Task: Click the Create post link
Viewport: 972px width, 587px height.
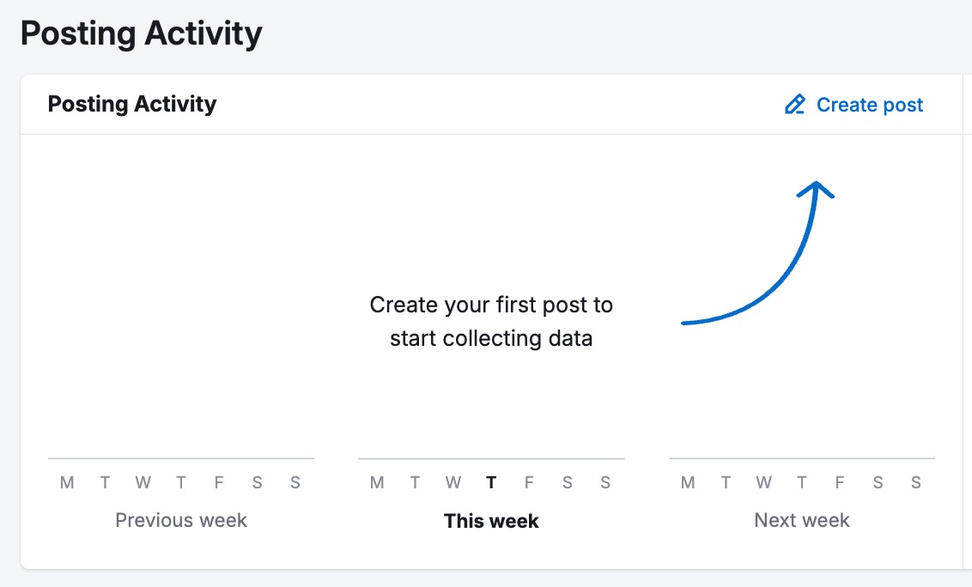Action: pyautogui.click(x=869, y=105)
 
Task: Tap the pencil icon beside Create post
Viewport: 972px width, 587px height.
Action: pyautogui.click(x=795, y=105)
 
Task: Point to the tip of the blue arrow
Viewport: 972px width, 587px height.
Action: pyautogui.click(x=817, y=183)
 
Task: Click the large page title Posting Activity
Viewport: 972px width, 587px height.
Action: pyautogui.click(x=141, y=33)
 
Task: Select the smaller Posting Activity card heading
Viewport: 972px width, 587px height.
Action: pyautogui.click(x=132, y=104)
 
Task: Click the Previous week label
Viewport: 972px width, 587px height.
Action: pyautogui.click(x=181, y=520)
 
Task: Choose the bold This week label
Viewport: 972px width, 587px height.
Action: pyautogui.click(x=491, y=521)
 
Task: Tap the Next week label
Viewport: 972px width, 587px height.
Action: pyautogui.click(x=802, y=520)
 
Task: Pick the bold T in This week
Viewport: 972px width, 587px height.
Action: pyautogui.click(x=491, y=482)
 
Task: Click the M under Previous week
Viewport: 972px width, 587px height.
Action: pyautogui.click(x=67, y=482)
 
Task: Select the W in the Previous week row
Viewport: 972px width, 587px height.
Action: pyautogui.click(x=143, y=482)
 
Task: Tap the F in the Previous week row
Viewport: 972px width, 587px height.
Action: pyautogui.click(x=219, y=482)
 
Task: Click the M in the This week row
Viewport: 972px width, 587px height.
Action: pyautogui.click(x=377, y=482)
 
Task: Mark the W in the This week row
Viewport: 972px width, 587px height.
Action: pyautogui.click(x=453, y=482)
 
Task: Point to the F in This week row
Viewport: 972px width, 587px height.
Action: pyautogui.click(x=529, y=482)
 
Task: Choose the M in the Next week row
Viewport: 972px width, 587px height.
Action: pyautogui.click(x=688, y=482)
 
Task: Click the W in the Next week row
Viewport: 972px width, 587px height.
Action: pyautogui.click(x=763, y=482)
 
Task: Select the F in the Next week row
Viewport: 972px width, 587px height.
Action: pyautogui.click(x=840, y=482)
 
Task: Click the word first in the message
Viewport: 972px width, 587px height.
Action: pyautogui.click(x=517, y=305)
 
